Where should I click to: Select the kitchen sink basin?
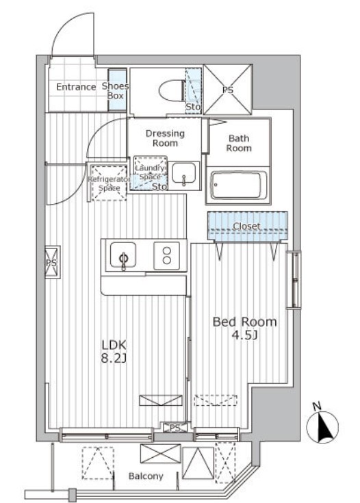click(x=123, y=255)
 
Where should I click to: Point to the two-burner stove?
click(x=166, y=255)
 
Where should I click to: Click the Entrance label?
click(x=76, y=87)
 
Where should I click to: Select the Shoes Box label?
click(x=115, y=91)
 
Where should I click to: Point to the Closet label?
click(x=246, y=226)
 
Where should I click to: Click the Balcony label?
click(x=146, y=476)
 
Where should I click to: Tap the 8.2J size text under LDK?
click(x=114, y=359)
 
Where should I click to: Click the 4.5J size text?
click(x=245, y=335)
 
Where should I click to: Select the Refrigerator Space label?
click(x=109, y=183)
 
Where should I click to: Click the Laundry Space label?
click(x=149, y=172)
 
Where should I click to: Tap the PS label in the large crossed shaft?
click(x=228, y=90)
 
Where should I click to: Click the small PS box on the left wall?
click(x=52, y=262)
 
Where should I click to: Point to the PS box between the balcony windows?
click(x=175, y=428)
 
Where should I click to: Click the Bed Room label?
click(x=245, y=322)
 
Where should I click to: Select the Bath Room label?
click(x=239, y=143)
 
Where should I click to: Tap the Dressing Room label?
click(x=165, y=138)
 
